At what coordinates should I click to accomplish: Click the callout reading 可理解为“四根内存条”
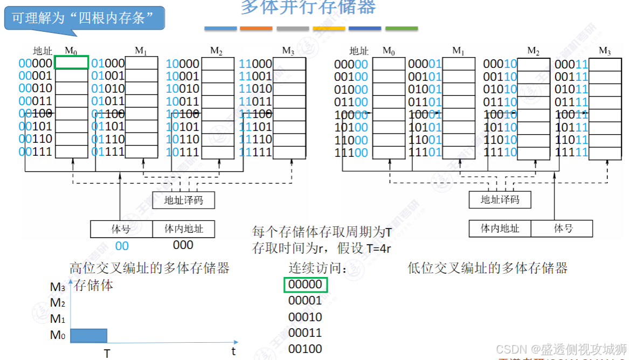(84, 19)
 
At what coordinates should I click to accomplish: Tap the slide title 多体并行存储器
(308, 8)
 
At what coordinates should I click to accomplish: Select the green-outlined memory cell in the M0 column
(71, 63)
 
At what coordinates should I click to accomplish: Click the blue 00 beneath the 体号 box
(122, 246)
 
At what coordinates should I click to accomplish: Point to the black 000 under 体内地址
(183, 245)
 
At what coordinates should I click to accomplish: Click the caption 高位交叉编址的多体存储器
(150, 268)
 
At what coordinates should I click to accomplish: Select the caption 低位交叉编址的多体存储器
(487, 268)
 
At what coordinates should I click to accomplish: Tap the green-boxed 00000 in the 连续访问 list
(305, 285)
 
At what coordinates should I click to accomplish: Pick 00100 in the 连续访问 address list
(305, 349)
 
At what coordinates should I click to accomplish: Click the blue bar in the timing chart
(89, 336)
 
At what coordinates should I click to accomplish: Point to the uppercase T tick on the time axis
(107, 353)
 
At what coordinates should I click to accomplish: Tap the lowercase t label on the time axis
(233, 351)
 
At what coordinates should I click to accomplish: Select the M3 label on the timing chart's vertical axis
(58, 287)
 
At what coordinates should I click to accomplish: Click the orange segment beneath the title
(256, 28)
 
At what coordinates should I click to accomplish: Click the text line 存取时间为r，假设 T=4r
(321, 249)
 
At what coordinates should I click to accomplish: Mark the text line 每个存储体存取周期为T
(322, 233)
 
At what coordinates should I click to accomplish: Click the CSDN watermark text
(561, 348)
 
